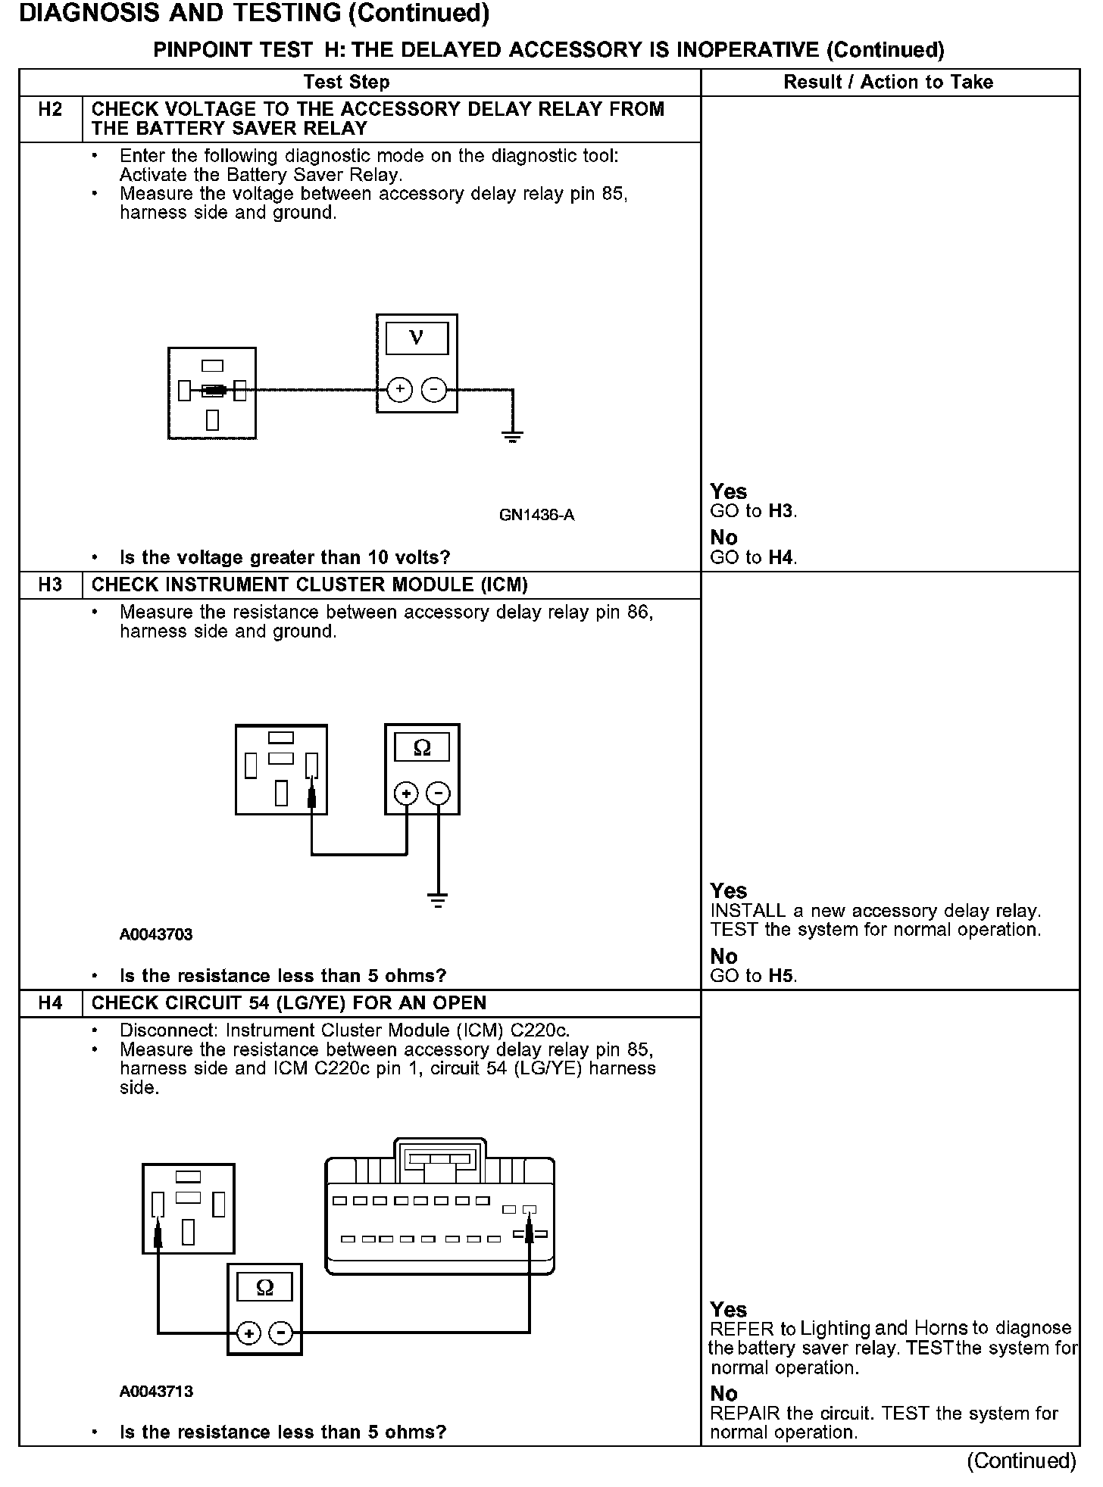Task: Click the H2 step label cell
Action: (50, 110)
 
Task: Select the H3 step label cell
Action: (50, 585)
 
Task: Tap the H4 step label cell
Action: (50, 1002)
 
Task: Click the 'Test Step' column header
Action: (346, 82)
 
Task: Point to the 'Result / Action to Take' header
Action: (888, 82)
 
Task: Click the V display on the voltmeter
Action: (417, 338)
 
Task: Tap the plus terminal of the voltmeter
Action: (399, 390)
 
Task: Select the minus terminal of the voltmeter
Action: (433, 390)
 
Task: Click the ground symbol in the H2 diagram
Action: (513, 436)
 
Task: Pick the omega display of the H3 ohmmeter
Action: (422, 748)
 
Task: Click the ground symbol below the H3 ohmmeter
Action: (438, 899)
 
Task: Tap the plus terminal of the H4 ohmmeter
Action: (249, 1333)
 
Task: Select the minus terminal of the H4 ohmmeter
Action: (281, 1333)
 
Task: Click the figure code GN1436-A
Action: (536, 515)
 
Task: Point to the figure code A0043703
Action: (156, 934)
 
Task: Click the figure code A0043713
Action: (156, 1391)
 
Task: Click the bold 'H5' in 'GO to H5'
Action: (781, 976)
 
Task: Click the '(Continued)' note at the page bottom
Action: (1021, 1460)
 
